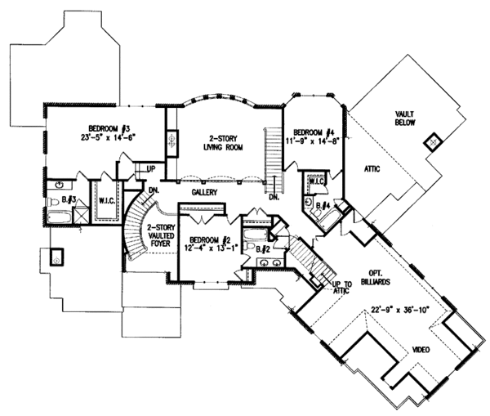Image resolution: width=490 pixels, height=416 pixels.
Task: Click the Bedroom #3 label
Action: tap(110, 127)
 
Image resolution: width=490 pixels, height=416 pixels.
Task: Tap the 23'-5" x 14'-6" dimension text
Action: tap(110, 137)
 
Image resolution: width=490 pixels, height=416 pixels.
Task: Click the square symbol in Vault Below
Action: tap(430, 143)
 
